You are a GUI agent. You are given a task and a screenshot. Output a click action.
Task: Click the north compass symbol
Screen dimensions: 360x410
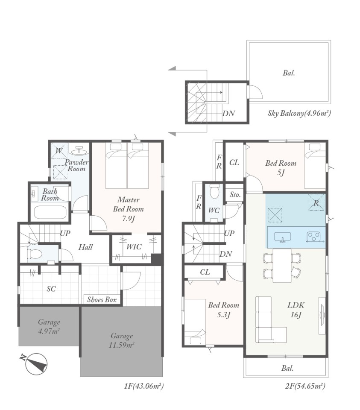[36, 364]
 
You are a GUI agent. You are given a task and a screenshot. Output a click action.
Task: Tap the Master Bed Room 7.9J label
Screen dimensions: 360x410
[128, 209]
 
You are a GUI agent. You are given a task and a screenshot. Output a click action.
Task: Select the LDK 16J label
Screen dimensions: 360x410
[296, 310]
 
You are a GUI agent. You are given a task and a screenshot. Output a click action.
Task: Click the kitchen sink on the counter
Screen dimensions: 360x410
[282, 237]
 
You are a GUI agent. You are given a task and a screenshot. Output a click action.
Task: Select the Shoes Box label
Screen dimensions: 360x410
[102, 300]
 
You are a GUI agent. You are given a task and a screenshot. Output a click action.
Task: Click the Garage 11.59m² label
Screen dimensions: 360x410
[122, 340]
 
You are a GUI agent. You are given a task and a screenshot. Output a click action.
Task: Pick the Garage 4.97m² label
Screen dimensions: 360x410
[49, 327]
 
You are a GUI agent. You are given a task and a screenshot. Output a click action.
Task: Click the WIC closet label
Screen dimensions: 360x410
[134, 246]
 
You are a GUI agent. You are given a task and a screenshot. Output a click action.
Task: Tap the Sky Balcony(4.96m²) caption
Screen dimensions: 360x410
[299, 113]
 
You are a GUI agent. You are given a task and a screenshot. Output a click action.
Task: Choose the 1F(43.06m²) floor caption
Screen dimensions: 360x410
[144, 386]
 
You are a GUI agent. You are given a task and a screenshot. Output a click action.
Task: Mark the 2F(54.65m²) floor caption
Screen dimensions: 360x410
[305, 386]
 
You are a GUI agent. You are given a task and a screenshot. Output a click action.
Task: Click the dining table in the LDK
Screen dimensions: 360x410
[282, 265]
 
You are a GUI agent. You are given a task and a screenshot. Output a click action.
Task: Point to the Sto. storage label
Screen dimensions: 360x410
[235, 195]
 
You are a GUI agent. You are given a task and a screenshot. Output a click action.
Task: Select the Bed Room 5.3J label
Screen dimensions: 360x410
[223, 310]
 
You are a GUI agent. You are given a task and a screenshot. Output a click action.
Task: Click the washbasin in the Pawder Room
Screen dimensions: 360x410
[79, 151]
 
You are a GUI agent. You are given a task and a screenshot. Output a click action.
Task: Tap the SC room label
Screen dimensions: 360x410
[51, 289]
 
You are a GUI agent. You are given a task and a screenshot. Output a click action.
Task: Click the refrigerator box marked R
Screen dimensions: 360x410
[316, 202]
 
